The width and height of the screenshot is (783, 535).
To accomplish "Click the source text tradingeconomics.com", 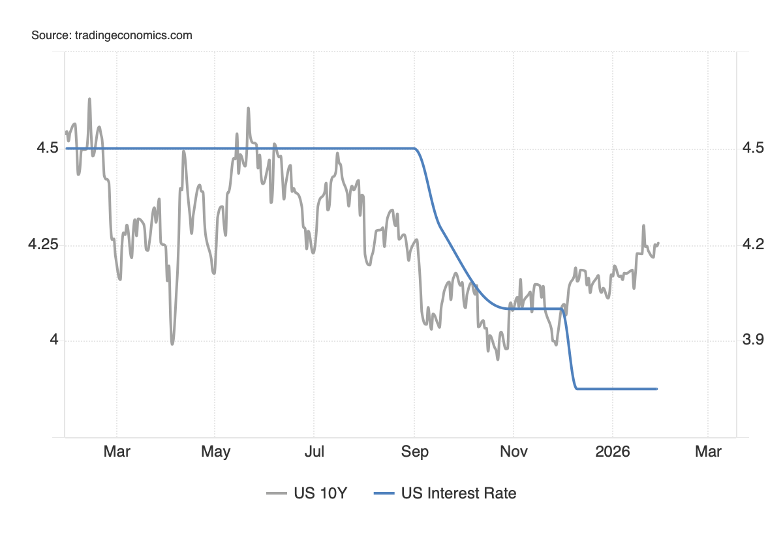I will click(x=112, y=35).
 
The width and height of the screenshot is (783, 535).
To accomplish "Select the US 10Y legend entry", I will click(x=307, y=493).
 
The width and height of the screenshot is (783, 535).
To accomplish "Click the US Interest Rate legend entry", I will click(x=445, y=493).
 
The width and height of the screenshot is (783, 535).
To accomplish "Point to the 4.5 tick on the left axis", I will click(x=48, y=149).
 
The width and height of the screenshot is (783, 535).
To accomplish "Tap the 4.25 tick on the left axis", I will click(x=44, y=245).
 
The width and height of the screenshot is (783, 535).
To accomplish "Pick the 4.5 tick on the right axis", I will click(x=753, y=149).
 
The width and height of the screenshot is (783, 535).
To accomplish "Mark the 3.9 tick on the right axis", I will click(x=753, y=341).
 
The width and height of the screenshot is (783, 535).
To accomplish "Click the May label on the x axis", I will click(x=215, y=451).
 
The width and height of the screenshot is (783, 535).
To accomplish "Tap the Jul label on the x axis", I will click(x=315, y=451).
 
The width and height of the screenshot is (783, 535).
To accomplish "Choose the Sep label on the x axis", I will click(x=415, y=451).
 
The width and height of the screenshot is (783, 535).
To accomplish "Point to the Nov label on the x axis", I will click(x=514, y=451).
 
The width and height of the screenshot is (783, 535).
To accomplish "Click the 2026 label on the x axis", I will click(x=613, y=451).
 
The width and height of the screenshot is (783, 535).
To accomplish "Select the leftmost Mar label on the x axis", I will click(x=117, y=451).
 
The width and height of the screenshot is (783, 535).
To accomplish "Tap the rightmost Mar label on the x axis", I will click(x=708, y=451).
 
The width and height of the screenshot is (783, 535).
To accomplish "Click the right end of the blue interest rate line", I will click(x=656, y=389).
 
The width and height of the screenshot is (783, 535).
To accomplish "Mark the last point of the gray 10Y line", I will click(x=658, y=243).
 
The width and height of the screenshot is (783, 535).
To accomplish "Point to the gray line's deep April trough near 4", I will click(x=172, y=343).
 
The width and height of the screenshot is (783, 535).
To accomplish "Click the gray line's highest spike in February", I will click(x=89, y=99).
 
